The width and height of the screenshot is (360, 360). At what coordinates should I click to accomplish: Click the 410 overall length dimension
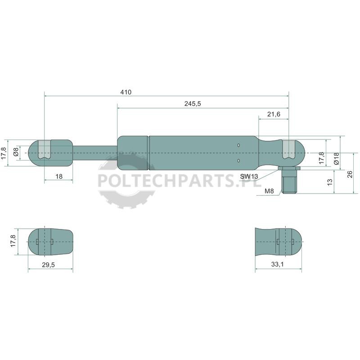[126, 92]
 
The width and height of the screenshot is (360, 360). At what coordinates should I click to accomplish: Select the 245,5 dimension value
[193, 103]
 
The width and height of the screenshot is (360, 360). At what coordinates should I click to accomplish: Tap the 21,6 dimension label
[274, 114]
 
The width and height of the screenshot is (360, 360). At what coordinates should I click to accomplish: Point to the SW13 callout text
[249, 176]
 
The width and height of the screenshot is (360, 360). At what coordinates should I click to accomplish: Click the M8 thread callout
[269, 191]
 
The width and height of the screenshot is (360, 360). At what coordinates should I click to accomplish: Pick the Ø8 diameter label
[16, 152]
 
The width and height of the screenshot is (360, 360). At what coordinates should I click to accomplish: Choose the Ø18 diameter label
[336, 158]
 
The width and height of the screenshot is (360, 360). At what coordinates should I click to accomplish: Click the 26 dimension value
[350, 174]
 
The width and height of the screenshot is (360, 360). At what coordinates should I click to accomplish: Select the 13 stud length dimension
[329, 182]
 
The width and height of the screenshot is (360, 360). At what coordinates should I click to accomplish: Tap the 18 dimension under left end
[59, 176]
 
